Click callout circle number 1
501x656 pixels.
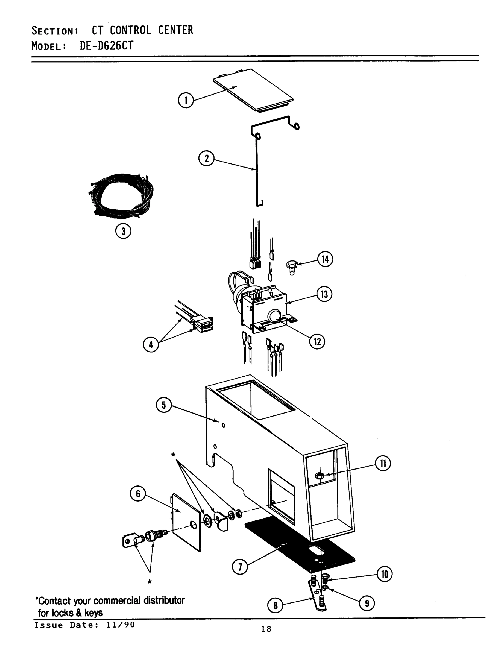tap(186, 101)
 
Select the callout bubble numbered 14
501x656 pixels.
tap(325, 259)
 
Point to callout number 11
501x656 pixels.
tap(383, 463)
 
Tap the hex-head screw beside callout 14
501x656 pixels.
tap(292, 267)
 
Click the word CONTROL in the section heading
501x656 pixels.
tap(130, 30)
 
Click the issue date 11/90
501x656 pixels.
tap(120, 625)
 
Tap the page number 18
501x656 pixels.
tap(266, 629)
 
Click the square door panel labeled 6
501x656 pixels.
tap(186, 522)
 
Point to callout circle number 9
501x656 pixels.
tap(367, 604)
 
